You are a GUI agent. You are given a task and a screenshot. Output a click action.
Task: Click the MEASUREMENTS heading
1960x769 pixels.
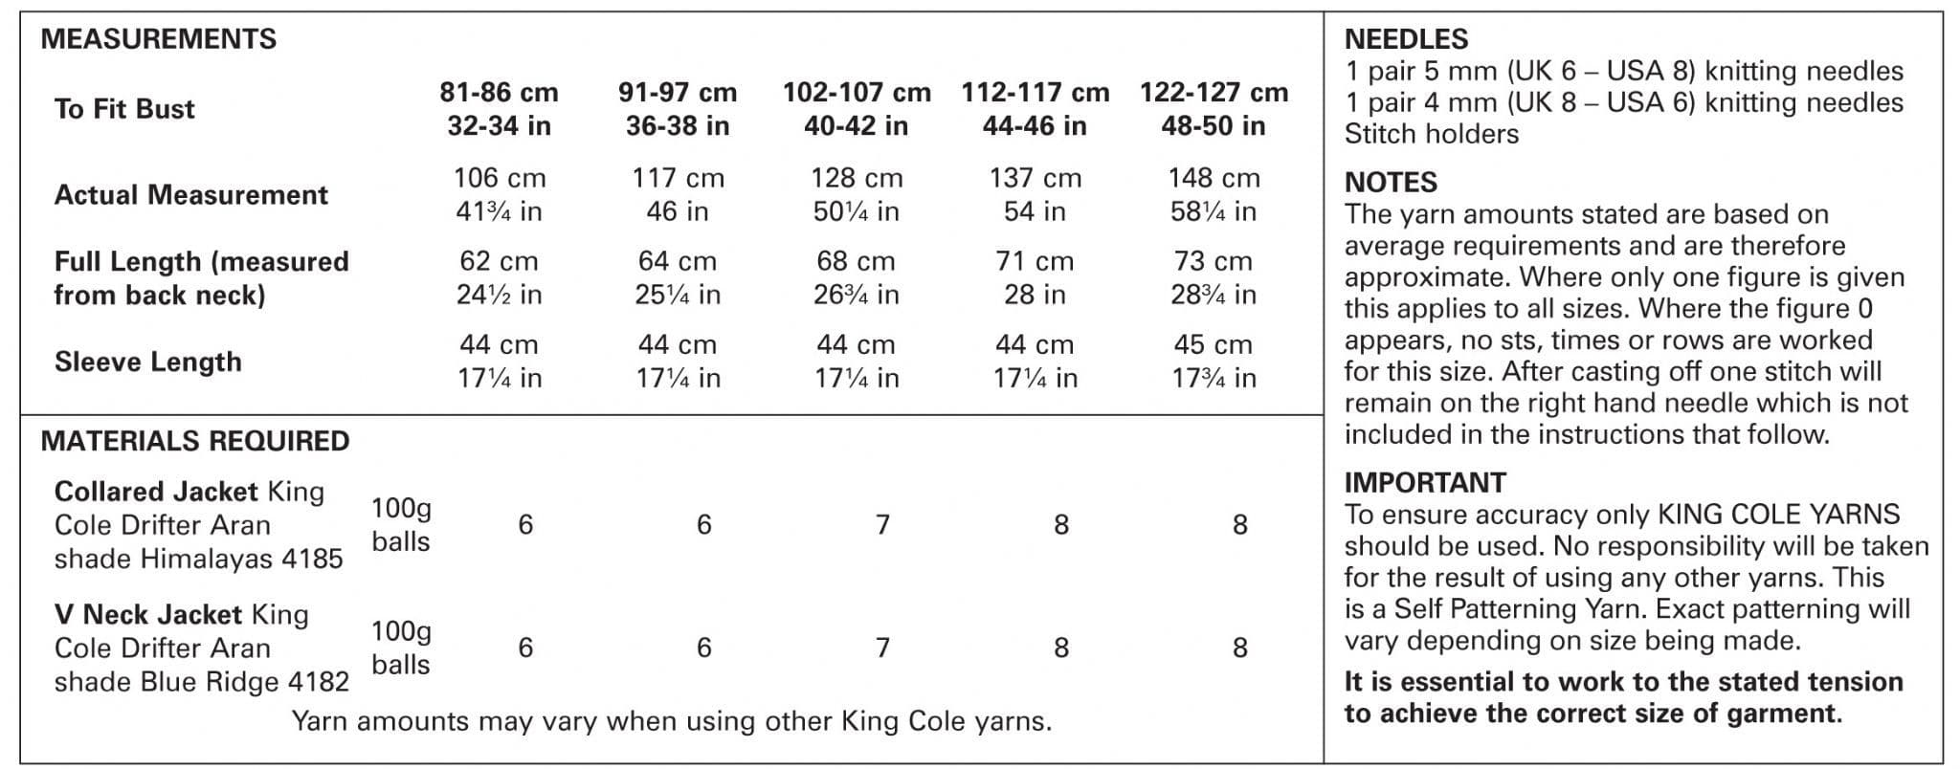point(158,39)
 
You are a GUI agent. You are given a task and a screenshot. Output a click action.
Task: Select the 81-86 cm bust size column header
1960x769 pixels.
point(499,109)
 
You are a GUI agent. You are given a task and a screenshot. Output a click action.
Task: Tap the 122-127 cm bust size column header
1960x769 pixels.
point(1214,109)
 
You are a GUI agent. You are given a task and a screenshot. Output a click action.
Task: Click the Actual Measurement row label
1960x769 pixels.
point(191,195)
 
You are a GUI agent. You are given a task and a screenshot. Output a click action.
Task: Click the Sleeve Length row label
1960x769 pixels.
point(148,362)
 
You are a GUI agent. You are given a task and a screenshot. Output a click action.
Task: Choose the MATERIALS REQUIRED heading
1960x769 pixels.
point(195,441)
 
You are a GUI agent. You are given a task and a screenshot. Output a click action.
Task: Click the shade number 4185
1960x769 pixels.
point(312,559)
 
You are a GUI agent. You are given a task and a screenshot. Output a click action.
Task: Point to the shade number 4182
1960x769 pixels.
point(319,682)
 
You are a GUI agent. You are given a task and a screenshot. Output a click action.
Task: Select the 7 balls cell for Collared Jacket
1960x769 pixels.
point(882,524)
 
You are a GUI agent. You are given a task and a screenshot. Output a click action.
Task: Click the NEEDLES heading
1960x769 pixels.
point(1406,39)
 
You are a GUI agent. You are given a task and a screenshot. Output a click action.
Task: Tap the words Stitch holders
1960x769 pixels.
point(1431,134)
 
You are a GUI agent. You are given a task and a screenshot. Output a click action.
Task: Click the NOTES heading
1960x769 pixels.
point(1391,183)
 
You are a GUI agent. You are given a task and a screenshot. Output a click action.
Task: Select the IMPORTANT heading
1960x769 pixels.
point(1425,483)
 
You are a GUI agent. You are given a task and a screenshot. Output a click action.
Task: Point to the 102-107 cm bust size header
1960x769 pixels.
point(857,109)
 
